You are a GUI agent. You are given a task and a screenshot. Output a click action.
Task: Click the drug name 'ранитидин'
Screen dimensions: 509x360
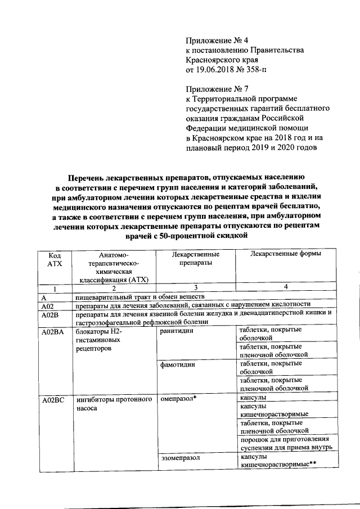[177, 332]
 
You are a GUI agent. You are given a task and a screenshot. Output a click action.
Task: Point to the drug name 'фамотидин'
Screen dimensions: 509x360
[177, 364]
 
